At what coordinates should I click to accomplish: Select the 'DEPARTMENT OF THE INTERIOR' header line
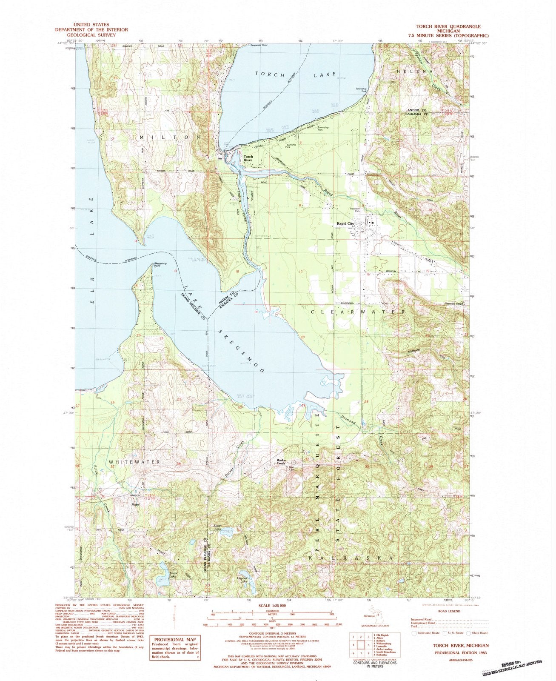(x=91, y=30)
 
